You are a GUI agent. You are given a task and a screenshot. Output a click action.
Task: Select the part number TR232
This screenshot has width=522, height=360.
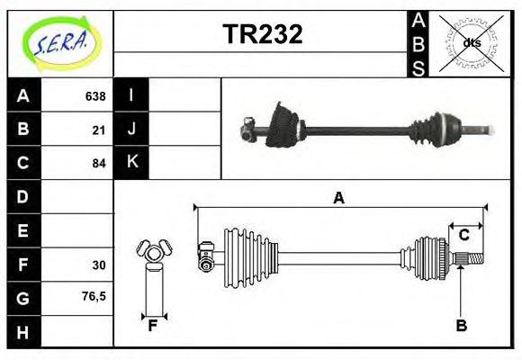[262, 33]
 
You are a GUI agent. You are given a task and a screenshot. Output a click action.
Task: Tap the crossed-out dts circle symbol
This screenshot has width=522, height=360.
[471, 42]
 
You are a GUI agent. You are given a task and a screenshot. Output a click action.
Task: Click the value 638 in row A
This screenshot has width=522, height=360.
[94, 95]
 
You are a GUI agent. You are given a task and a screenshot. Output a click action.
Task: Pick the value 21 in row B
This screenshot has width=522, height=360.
[98, 130]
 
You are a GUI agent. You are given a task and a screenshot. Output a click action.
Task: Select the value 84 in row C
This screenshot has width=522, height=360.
[98, 164]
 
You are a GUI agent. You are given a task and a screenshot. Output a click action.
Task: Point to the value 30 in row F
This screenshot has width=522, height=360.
[98, 265]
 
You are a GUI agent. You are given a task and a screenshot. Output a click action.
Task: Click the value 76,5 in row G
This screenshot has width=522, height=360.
[94, 296]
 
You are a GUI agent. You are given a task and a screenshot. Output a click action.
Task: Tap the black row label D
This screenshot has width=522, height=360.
[22, 196]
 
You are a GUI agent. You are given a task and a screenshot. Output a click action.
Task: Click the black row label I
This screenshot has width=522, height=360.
[131, 95]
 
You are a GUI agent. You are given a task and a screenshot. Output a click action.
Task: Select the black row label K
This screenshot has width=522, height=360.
[131, 163]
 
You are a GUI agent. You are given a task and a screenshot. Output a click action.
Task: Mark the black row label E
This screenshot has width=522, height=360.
[22, 230]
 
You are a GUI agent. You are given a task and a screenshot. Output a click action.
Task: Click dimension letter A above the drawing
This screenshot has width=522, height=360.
[338, 198]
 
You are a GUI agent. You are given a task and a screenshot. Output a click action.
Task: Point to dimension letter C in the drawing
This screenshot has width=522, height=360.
[463, 235]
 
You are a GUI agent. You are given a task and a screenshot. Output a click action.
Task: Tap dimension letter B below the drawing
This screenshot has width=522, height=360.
[461, 326]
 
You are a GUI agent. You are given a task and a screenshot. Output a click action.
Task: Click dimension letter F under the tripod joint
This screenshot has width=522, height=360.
[153, 326]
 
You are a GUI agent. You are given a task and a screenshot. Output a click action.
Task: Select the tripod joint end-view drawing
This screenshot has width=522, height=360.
[153, 254]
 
